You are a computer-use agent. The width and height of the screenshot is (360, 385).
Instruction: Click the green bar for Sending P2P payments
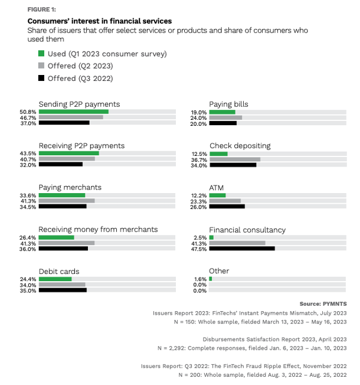point(73,112)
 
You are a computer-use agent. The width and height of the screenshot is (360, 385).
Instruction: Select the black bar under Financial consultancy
point(242,249)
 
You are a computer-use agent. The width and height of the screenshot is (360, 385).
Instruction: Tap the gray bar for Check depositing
point(234,159)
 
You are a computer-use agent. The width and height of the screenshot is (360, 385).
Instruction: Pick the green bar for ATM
point(217,195)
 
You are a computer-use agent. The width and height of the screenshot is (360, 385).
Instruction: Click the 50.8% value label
point(28,112)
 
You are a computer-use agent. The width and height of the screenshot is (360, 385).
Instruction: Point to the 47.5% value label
point(199,249)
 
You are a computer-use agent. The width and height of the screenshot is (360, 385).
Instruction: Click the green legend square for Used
point(41,54)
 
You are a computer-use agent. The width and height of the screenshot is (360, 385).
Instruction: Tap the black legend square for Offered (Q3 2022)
point(41,78)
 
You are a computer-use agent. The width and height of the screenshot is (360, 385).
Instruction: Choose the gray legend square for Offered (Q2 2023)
point(41,66)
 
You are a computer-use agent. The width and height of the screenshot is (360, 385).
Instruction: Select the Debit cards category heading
point(59,271)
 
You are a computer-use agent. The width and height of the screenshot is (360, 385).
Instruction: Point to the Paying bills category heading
point(229,104)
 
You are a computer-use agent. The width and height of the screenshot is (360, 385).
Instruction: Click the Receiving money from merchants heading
point(98,229)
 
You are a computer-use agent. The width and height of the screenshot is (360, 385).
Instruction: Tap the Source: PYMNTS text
point(323,304)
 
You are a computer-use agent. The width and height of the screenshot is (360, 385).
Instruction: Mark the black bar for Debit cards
point(63,291)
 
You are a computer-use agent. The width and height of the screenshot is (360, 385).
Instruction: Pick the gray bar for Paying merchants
point(67,201)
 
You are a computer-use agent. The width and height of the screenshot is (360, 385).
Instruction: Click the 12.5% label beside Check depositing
point(199,154)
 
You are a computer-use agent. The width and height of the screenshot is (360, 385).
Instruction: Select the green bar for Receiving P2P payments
point(68,154)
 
